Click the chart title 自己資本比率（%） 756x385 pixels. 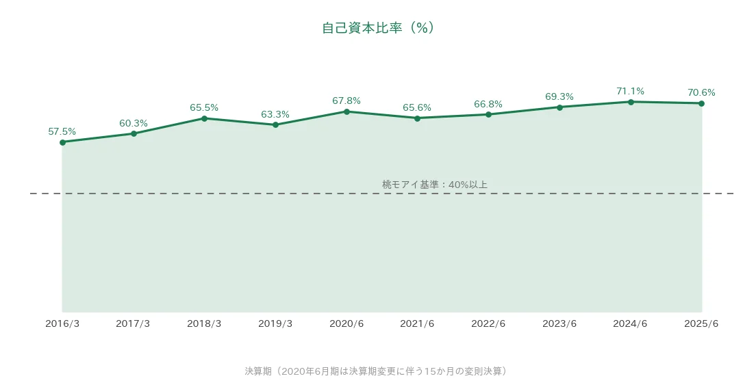coord(379,28)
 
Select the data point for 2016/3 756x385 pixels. coord(63,142)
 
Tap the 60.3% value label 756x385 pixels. coord(134,123)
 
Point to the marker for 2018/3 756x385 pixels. coord(205,118)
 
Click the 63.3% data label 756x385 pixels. coord(275,114)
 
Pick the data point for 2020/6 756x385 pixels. coord(346,111)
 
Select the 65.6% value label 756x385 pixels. coord(417,108)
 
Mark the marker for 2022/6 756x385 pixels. coord(488,114)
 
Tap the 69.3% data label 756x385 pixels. coord(559,96)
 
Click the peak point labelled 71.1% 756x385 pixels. coord(631,102)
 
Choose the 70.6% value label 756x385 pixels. coord(701,92)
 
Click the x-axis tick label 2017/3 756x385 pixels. coord(133,324)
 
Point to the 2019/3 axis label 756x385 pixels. coord(275,324)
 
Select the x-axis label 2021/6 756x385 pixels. coord(417,324)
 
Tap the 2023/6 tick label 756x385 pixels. coord(559,324)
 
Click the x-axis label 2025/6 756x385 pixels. coord(701,324)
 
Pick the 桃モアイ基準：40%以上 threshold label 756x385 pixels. coord(435,185)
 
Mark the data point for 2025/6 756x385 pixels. coord(701,103)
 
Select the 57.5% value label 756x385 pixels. coord(62,131)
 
